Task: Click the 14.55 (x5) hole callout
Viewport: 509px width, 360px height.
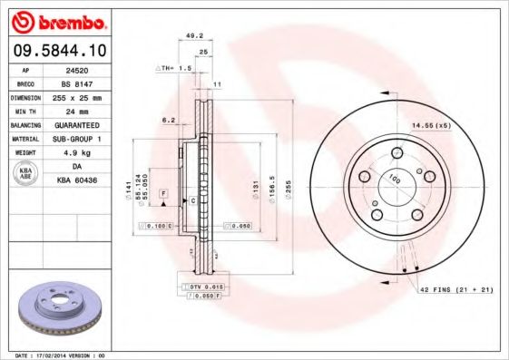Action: (x=431, y=124)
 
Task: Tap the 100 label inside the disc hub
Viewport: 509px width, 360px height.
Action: (x=395, y=180)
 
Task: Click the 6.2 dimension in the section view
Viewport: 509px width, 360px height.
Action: (x=168, y=119)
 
